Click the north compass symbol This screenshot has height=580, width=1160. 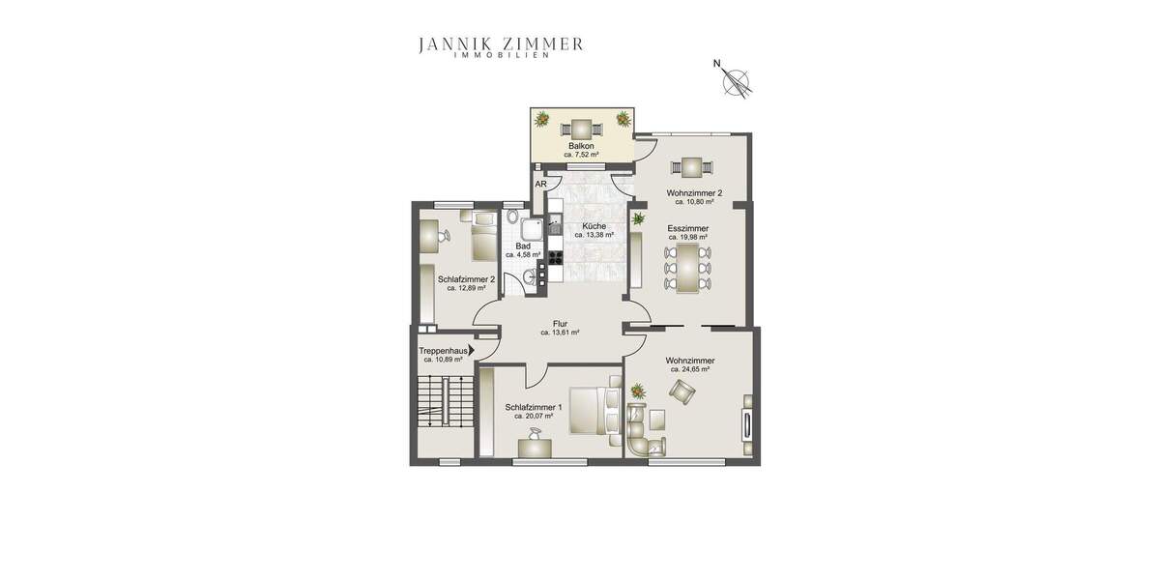(739, 83)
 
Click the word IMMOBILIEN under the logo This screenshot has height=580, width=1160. (501, 56)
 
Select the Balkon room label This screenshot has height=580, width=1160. (580, 146)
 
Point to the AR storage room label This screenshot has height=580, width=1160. (541, 184)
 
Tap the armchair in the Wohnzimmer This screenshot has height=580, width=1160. (681, 391)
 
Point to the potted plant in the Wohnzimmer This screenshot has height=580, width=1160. (638, 391)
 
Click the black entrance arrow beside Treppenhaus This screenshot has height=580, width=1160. (471, 352)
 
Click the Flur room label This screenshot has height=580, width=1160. (560, 324)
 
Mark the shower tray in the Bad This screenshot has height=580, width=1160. (530, 228)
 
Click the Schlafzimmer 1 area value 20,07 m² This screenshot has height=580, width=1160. (533, 417)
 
